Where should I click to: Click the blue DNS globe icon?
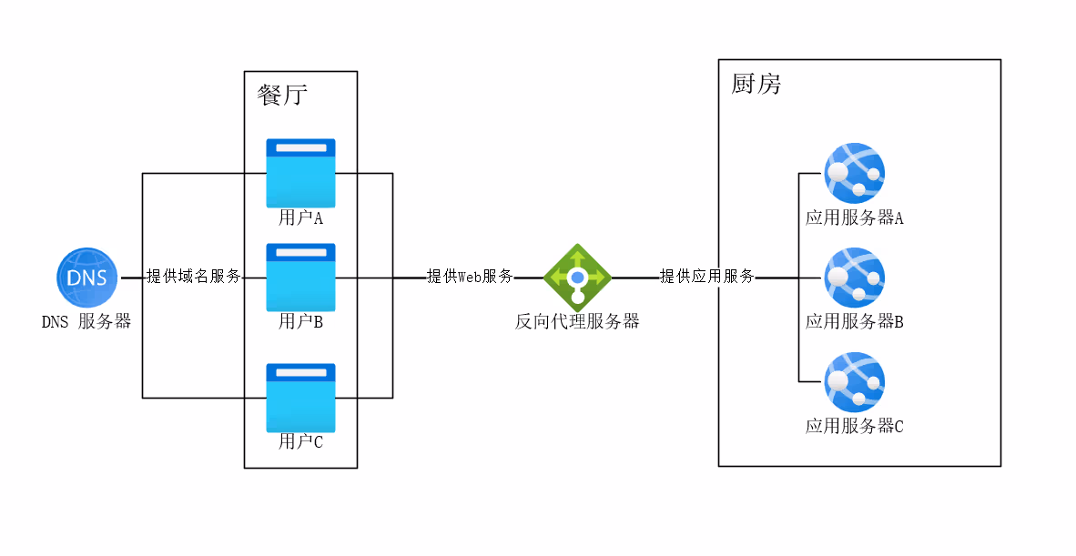[86, 278]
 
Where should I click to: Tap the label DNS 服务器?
[86, 321]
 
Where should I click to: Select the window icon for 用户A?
[300, 173]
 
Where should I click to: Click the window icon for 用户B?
[300, 278]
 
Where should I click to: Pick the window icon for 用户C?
[300, 398]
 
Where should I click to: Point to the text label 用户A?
[300, 218]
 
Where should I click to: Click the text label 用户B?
[300, 321]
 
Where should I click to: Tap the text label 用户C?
[300, 442]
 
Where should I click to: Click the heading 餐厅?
[282, 96]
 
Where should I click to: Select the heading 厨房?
[756, 85]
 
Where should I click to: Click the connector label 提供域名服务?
[194, 277]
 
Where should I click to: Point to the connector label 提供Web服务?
[470, 277]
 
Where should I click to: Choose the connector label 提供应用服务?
[706, 277]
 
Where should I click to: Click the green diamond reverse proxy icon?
[577, 278]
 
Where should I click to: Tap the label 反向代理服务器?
[577, 321]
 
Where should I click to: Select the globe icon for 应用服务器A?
[854, 173]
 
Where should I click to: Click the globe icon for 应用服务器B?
[854, 278]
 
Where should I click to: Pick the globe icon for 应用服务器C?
[854, 382]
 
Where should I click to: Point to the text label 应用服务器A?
[854, 218]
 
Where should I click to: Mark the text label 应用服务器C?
[854, 426]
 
